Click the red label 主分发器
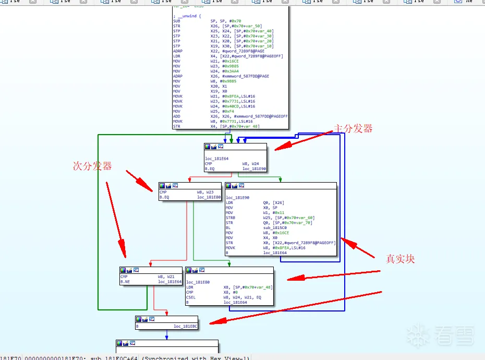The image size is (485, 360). pyautogui.click(x=353, y=128)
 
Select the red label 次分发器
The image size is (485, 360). pyautogui.click(x=92, y=166)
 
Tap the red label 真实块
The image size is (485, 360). pyautogui.click(x=400, y=259)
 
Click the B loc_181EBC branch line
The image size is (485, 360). pyautogui.click(x=166, y=326)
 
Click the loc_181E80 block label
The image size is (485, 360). pyautogui.click(x=199, y=282)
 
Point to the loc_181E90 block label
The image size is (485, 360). pyautogui.click(x=238, y=198)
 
